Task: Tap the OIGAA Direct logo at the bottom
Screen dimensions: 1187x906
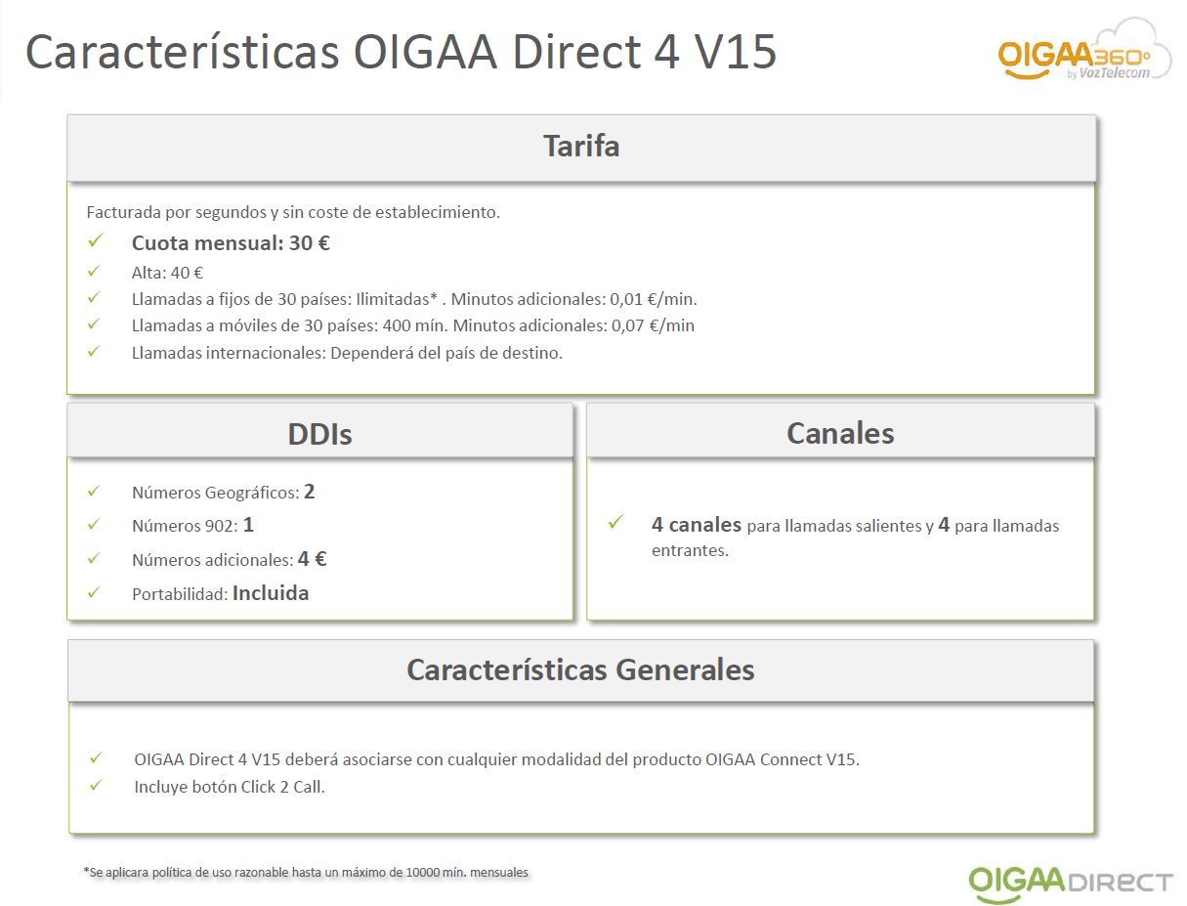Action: click(x=1070, y=883)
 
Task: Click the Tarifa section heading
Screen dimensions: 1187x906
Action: click(x=581, y=146)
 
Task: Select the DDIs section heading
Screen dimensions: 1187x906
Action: click(x=319, y=434)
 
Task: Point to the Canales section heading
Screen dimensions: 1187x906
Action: click(x=840, y=433)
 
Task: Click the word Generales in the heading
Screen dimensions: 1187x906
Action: click(x=685, y=669)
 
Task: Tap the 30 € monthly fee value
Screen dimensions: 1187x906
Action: click(x=310, y=242)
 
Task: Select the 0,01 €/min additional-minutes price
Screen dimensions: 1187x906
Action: click(x=654, y=299)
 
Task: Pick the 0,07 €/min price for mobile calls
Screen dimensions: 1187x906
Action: click(x=653, y=325)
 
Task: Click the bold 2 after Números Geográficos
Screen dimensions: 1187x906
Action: click(x=310, y=492)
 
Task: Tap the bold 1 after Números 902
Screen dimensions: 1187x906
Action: click(x=248, y=525)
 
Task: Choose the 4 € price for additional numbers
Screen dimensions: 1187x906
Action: click(x=312, y=559)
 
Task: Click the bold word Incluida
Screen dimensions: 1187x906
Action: click(x=271, y=593)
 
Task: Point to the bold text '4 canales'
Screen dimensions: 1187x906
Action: click(x=696, y=525)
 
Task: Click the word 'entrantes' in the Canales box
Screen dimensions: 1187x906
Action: click(x=690, y=550)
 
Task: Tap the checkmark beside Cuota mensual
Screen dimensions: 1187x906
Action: click(x=95, y=240)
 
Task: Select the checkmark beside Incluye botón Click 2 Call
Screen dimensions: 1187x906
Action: click(x=96, y=785)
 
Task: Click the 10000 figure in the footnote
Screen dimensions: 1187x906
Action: click(x=422, y=873)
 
